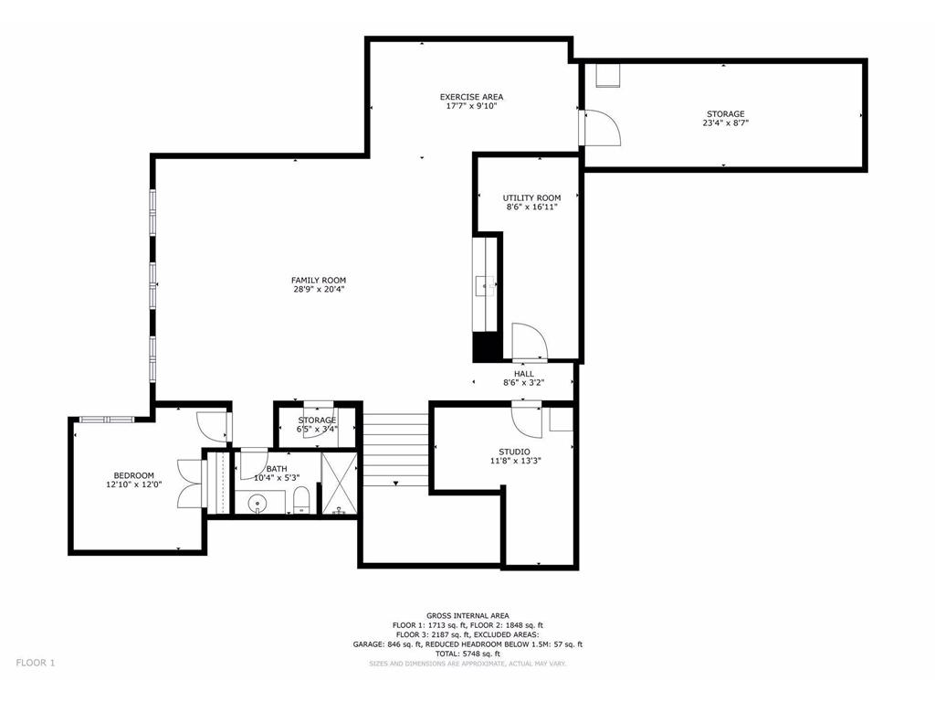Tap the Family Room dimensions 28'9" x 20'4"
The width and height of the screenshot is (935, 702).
click(319, 290)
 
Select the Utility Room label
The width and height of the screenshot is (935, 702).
click(531, 198)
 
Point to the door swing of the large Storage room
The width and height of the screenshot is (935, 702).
click(603, 128)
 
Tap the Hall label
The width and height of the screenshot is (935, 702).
click(523, 374)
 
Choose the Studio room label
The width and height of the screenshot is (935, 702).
click(514, 452)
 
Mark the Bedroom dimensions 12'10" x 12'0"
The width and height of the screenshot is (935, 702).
click(133, 484)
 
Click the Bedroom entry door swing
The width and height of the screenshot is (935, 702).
click(212, 426)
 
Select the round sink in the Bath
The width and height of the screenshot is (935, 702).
click(257, 503)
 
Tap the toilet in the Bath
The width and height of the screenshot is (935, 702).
click(301, 500)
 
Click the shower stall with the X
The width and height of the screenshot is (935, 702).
click(340, 483)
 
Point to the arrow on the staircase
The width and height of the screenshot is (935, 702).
click(394, 483)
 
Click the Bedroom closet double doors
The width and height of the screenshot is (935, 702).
click(191, 484)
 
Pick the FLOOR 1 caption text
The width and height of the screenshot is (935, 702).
click(36, 663)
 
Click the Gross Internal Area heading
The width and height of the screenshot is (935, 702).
click(467, 615)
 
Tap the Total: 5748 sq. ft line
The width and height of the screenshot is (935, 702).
click(467, 654)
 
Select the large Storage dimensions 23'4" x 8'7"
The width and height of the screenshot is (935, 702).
click(725, 123)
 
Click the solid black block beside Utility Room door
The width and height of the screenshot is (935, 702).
click(486, 346)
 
